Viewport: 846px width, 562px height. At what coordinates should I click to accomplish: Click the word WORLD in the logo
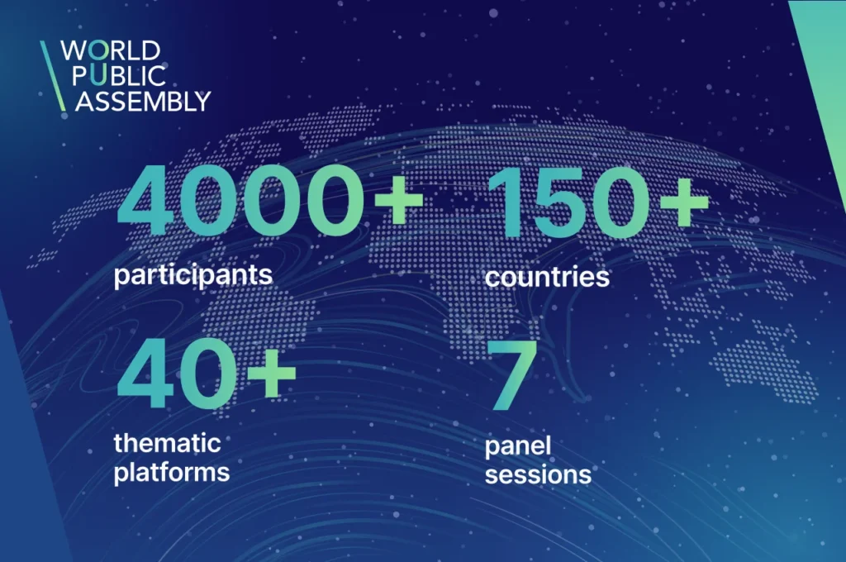pos(111,50)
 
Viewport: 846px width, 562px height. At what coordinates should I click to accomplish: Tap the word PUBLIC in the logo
pos(119,76)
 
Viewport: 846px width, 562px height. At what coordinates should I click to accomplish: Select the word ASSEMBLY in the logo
pos(143,102)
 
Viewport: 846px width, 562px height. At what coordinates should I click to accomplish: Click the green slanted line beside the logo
pos(53,76)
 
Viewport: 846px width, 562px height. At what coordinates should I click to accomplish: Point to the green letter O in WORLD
pos(98,50)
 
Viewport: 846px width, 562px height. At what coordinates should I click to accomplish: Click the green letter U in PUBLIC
pos(97,76)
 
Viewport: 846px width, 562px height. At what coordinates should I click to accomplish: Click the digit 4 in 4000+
pos(145,201)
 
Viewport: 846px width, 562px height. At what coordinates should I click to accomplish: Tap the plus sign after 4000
pos(399,200)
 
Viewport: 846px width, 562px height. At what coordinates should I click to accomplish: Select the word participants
pos(193,275)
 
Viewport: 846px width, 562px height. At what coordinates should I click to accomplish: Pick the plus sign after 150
pos(684,202)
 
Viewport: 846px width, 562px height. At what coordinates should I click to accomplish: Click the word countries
pos(547,277)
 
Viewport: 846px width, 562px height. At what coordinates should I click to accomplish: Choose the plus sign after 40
pos(271,373)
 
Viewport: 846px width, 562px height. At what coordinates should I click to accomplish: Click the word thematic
pos(167,443)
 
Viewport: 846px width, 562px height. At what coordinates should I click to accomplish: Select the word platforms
pos(172,473)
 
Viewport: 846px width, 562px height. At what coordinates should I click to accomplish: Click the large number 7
pos(512,375)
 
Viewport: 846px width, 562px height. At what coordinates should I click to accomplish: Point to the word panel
pos(518,447)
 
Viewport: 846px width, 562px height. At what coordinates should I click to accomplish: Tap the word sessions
pos(538,475)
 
